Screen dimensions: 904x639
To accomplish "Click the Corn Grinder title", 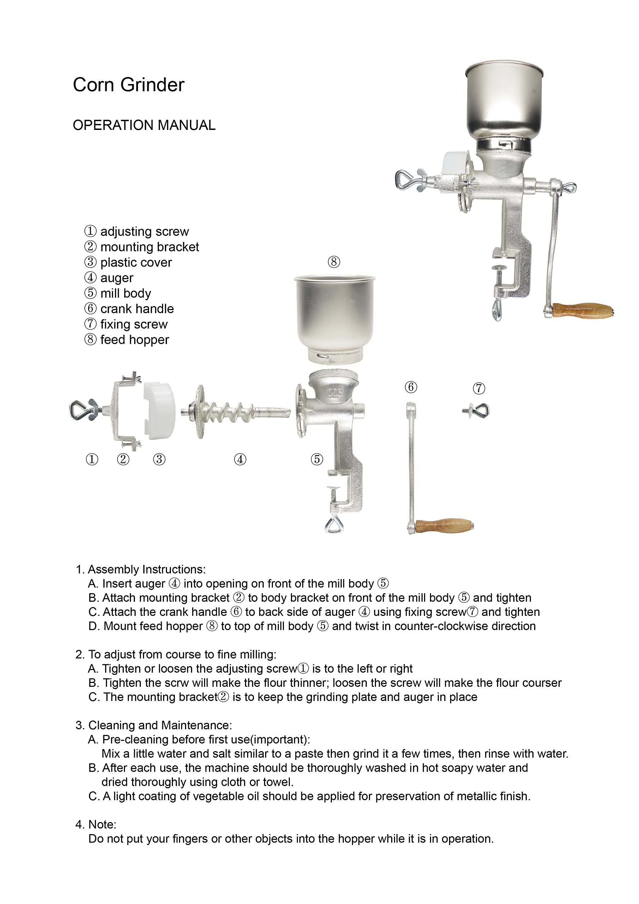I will tap(129, 85).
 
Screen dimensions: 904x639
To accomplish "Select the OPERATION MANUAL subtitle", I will tap(144, 125).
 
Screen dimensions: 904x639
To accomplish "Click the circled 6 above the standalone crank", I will tap(411, 387).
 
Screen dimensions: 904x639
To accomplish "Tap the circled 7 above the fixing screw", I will tap(479, 388).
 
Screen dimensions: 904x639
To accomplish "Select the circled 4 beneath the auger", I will tap(240, 459).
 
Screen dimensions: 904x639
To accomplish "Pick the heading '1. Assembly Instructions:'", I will tap(141, 569).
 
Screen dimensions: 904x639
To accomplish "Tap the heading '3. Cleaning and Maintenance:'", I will tap(154, 725).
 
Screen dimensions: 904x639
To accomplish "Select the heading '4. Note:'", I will tap(96, 825).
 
